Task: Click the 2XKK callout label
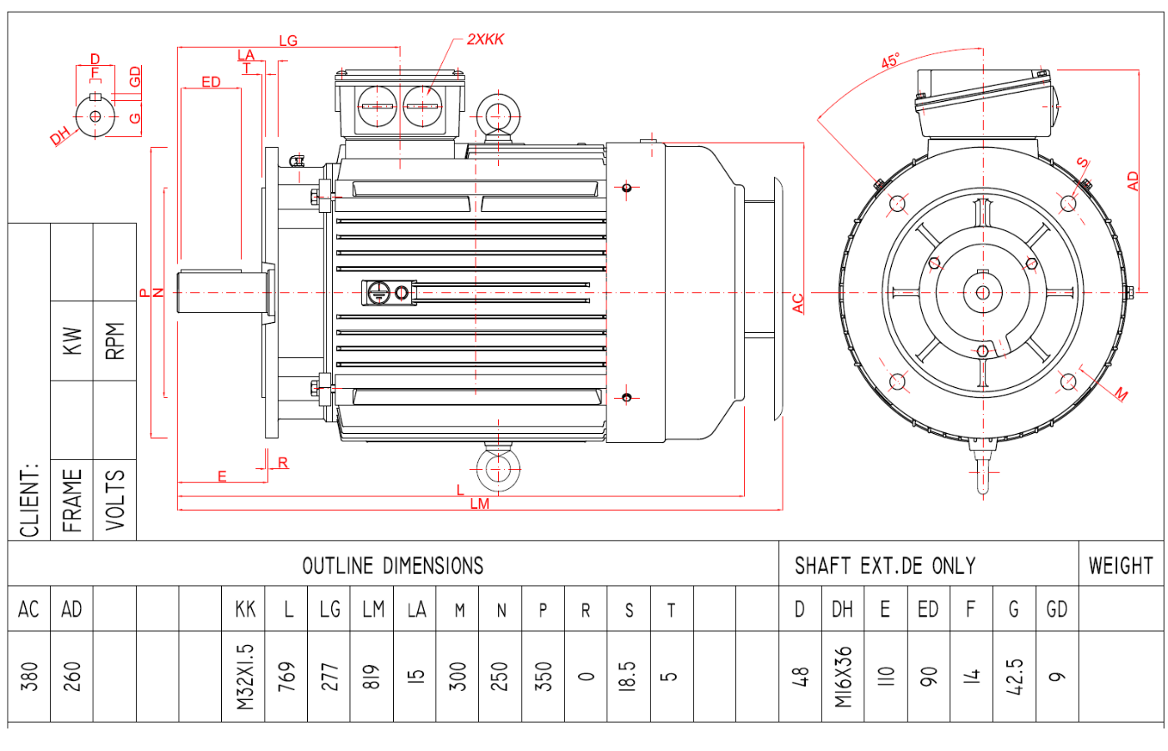tap(485, 39)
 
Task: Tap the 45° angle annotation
tap(890, 61)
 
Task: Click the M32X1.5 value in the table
tap(244, 676)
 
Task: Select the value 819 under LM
tap(372, 676)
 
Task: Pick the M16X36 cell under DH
tap(843, 676)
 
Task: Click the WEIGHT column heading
tap(1120, 566)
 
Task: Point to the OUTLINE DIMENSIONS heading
tap(393, 566)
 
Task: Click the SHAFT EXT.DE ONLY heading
tap(884, 566)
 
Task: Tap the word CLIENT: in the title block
tap(30, 500)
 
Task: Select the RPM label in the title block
tap(115, 340)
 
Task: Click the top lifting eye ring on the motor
tap(497, 114)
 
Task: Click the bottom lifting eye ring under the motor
tap(497, 469)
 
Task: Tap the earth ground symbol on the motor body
tap(379, 292)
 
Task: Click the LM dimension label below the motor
tap(480, 504)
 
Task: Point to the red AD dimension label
tap(1132, 181)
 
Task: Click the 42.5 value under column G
tap(1014, 676)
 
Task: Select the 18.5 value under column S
tap(629, 676)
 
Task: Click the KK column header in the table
tap(244, 610)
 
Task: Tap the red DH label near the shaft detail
tap(59, 137)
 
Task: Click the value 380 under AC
tap(29, 676)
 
